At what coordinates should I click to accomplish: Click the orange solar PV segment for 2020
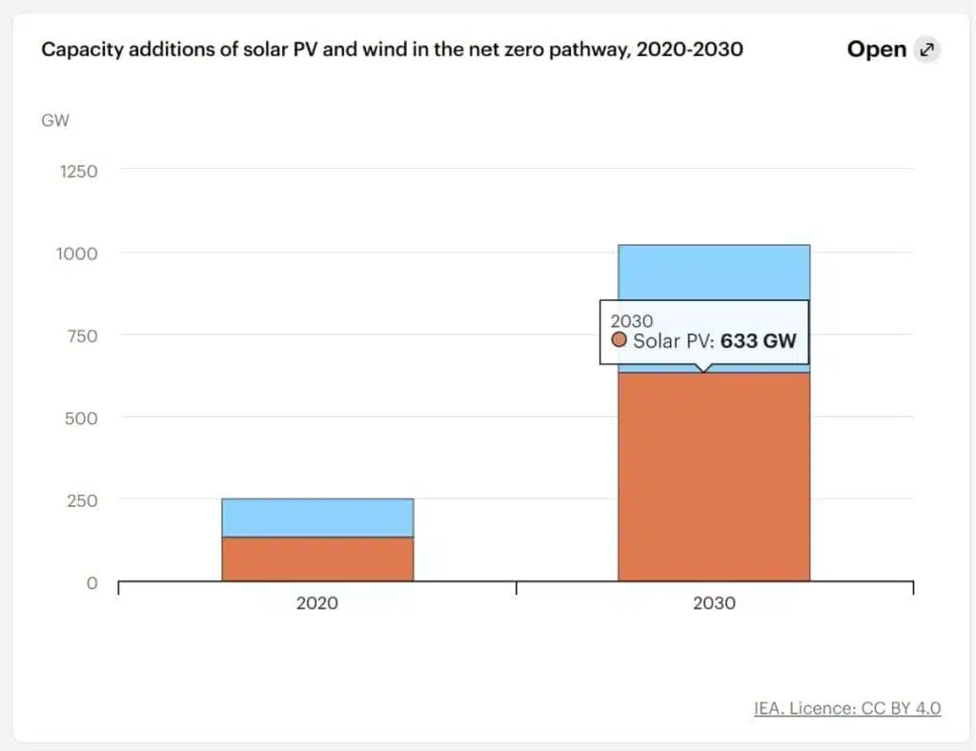(317, 558)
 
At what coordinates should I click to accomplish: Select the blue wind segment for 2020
(317, 518)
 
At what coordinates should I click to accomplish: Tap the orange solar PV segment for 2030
(714, 477)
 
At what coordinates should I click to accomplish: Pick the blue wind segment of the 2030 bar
(714, 273)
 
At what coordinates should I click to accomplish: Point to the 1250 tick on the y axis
(79, 172)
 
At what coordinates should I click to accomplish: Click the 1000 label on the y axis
(79, 254)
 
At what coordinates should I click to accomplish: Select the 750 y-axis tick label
(82, 335)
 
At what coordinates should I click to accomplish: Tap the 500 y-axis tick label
(82, 417)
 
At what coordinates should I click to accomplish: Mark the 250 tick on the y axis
(82, 499)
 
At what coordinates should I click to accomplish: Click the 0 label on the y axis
(92, 582)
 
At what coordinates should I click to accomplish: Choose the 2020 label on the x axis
(316, 603)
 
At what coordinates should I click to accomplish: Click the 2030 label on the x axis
(714, 603)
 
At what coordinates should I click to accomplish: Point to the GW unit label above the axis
(55, 121)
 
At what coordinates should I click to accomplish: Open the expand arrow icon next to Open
(926, 50)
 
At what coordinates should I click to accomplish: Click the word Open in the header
(876, 50)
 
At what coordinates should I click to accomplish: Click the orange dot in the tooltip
(620, 340)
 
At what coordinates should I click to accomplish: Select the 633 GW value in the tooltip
(758, 340)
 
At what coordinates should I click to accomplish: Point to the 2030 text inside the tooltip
(631, 320)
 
